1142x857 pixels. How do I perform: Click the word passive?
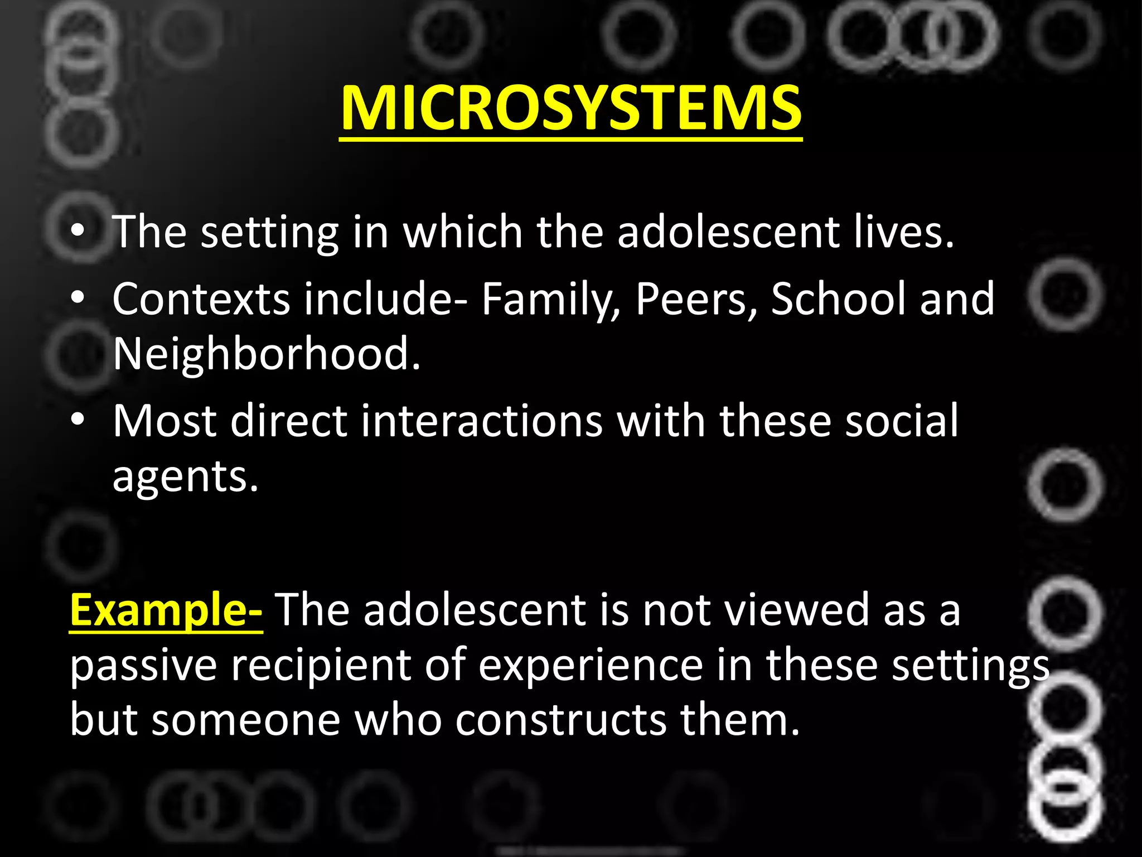pos(143,667)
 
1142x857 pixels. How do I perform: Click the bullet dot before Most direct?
pos(79,419)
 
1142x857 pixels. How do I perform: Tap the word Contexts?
pos(201,300)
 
